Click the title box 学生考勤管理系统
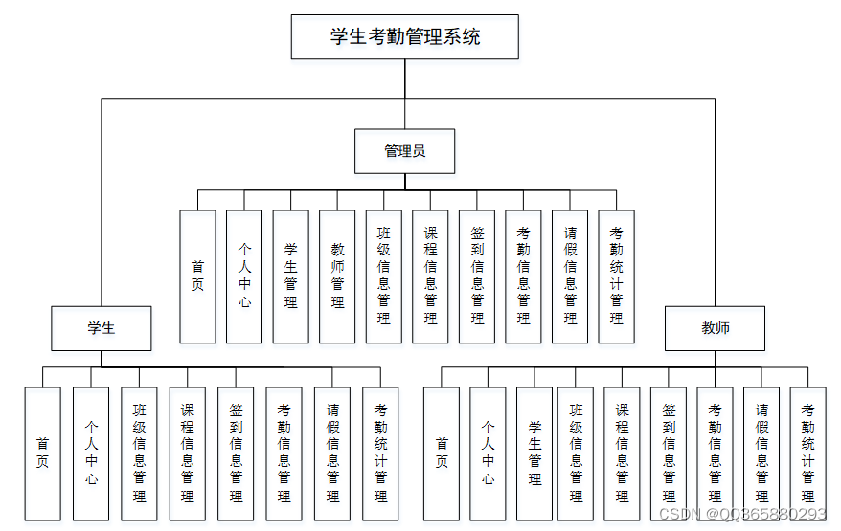click(404, 37)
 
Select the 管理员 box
click(404, 151)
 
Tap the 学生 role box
click(102, 328)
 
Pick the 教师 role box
click(715, 328)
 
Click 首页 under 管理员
click(197, 277)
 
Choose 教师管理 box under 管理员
click(337, 277)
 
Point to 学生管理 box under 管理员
click(290, 277)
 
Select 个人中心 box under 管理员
click(244, 277)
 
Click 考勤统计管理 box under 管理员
click(616, 277)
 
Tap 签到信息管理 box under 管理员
click(477, 277)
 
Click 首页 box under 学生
click(42, 454)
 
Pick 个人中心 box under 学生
click(91, 454)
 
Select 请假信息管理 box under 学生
click(332, 454)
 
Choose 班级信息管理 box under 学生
click(139, 454)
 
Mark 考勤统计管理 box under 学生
click(380, 454)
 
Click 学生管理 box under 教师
click(534, 454)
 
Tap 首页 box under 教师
click(441, 454)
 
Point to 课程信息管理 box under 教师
click(622, 454)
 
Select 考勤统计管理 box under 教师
click(807, 454)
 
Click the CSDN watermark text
click(742, 515)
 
